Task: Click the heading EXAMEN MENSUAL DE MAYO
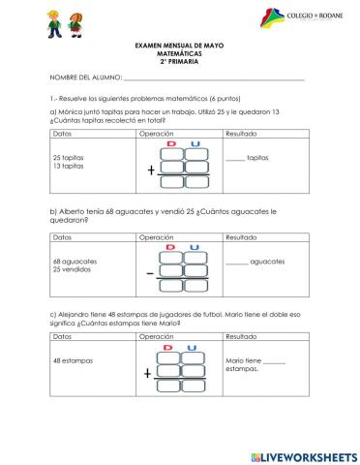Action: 180,46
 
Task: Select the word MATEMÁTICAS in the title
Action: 180,54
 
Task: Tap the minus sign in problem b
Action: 150,274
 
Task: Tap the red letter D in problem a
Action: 171,143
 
